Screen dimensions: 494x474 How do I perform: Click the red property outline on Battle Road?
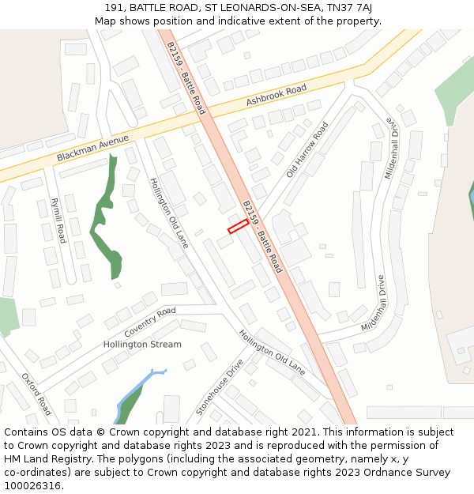238,227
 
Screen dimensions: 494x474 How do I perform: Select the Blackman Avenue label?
92,149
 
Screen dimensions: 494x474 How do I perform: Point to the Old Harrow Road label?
307,149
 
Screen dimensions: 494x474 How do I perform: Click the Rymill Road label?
57,221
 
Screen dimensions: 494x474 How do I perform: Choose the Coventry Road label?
150,322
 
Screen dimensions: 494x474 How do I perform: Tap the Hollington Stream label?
142,345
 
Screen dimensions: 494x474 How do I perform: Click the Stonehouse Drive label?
220,387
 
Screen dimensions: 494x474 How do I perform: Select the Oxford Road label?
36,394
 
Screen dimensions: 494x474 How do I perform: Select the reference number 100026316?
34,485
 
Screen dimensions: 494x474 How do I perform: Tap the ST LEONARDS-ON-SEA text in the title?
264,8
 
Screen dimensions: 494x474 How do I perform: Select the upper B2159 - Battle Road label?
186,77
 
